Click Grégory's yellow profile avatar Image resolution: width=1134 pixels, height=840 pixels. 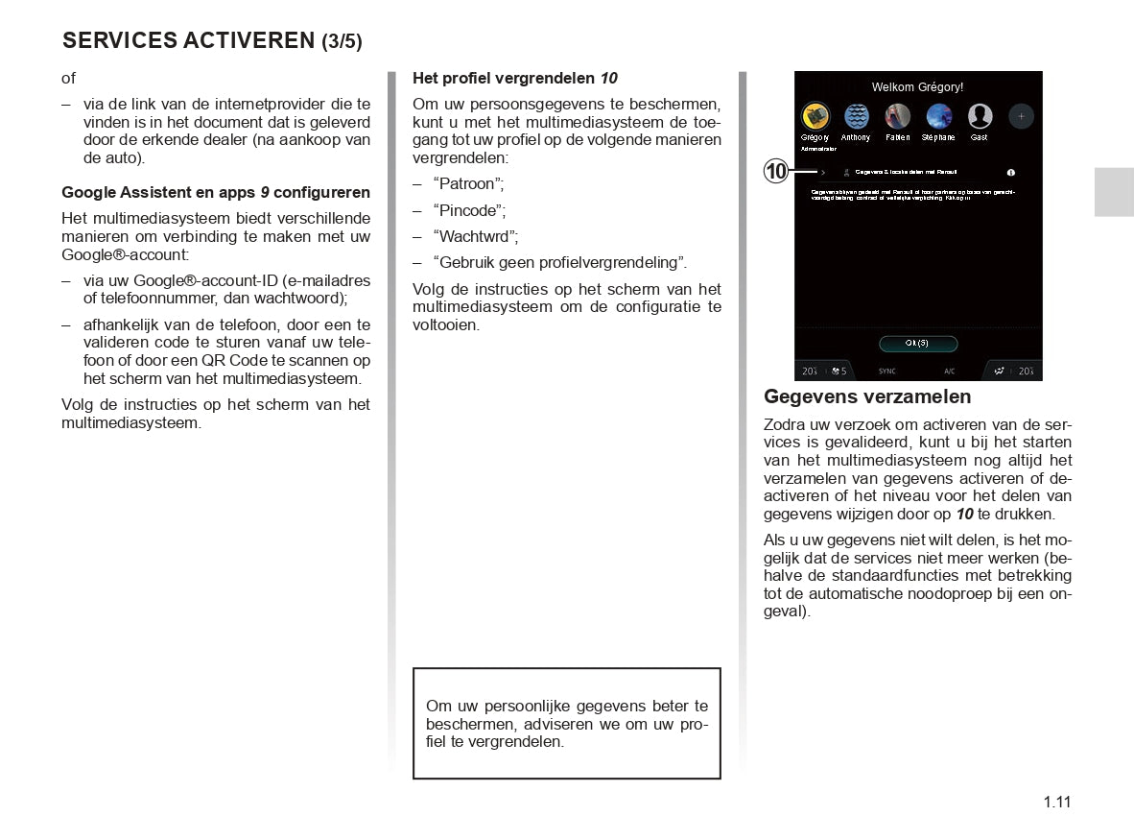pos(815,116)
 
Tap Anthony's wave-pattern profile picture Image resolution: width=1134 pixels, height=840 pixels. pos(856,116)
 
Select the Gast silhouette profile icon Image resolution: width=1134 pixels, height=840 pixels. pos(980,116)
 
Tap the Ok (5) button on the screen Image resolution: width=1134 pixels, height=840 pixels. pos(918,344)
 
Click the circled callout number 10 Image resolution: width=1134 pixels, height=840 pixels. pos(776,172)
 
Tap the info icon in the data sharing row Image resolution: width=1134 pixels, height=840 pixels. pos(1011,173)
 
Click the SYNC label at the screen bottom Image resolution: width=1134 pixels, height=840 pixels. pos(887,371)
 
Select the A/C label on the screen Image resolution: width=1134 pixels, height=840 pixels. pos(949,371)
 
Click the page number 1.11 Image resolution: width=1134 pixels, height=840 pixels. pos(1057,803)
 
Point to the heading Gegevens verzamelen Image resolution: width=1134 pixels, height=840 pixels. pos(867,396)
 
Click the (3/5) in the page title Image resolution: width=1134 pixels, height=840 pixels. pos(342,41)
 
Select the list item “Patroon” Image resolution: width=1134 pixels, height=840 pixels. pos(468,183)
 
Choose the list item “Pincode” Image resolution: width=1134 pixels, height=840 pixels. pos(469,209)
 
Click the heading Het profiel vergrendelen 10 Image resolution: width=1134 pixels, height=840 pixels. pos(515,78)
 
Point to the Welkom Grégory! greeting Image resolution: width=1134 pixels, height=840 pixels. pos(917,87)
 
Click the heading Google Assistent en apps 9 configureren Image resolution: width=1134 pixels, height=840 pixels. pos(216,192)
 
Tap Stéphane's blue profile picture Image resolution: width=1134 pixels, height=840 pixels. pos(938,116)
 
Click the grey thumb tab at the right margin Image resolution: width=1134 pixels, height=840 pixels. pos(1113,190)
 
